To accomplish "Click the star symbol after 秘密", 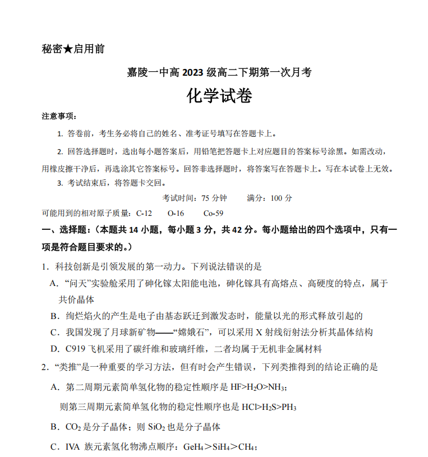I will [68, 49].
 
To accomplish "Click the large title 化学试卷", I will [219, 96].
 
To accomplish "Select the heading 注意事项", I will [58, 116].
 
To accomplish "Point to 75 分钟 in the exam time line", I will [214, 198].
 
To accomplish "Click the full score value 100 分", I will [281, 198].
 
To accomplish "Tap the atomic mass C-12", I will [144, 213].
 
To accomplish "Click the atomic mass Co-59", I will [213, 213].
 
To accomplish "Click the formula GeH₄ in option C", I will [190, 447].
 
